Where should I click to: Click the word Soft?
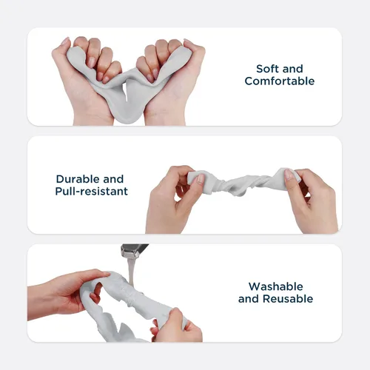pyautogui.click(x=268, y=69)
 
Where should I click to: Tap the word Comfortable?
pyautogui.click(x=280, y=81)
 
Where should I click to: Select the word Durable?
pyautogui.click(x=78, y=179)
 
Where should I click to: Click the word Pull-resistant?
pyautogui.click(x=92, y=191)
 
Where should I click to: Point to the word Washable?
pyautogui.click(x=276, y=286)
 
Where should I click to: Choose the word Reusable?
pyautogui.click(x=288, y=299)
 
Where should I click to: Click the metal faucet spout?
pyautogui.click(x=134, y=251)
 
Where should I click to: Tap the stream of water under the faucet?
pyautogui.click(x=130, y=272)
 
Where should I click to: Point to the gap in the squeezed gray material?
pyautogui.click(x=126, y=91)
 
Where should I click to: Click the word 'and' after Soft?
pyautogui.click(x=292, y=69)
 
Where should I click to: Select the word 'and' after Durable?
pyautogui.click(x=113, y=179)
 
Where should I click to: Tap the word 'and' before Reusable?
pyautogui.click(x=249, y=299)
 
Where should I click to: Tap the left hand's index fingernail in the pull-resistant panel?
pyautogui.click(x=201, y=179)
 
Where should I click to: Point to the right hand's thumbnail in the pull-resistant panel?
pyautogui.click(x=289, y=175)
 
